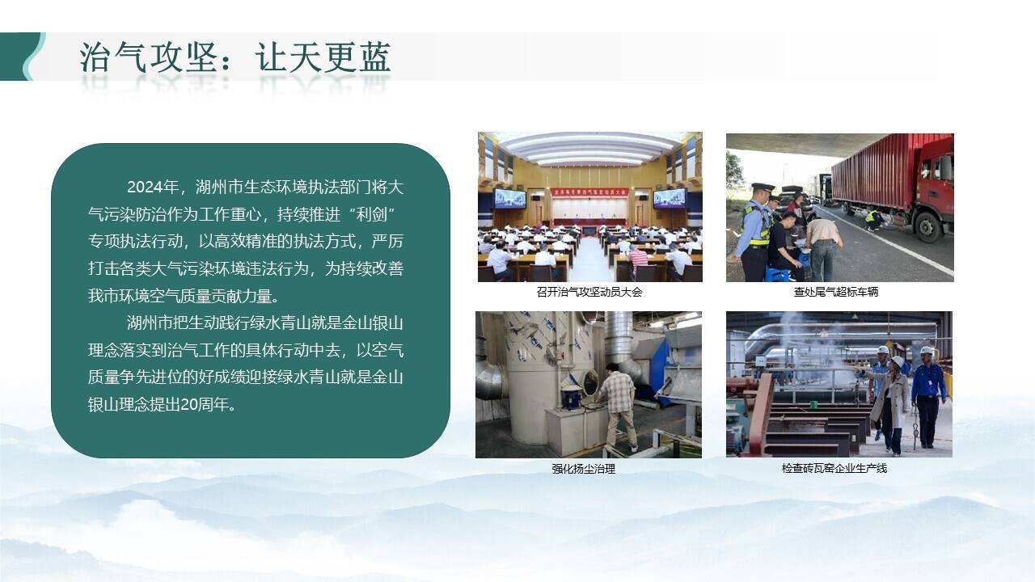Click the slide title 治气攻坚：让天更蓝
[235, 57]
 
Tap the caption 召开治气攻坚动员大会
[589, 292]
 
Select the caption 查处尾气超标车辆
[836, 292]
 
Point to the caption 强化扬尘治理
[584, 469]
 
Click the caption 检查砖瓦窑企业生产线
[834, 468]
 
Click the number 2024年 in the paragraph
[153, 187]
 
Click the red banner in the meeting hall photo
[590, 192]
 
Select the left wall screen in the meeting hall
[510, 199]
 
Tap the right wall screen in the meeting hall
[669, 198]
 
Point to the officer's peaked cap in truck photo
[763, 188]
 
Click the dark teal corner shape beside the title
[21, 57]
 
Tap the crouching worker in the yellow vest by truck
[874, 220]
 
